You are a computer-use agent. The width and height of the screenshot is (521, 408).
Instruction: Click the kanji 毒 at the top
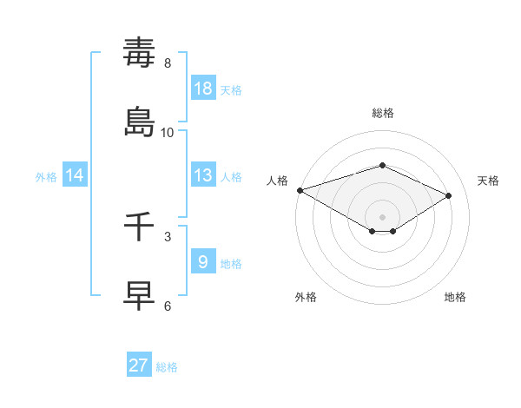139,53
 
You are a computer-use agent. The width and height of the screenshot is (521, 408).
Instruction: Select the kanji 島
139,122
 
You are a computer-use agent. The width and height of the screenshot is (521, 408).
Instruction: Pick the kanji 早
139,296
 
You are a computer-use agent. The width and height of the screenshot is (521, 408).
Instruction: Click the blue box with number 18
203,89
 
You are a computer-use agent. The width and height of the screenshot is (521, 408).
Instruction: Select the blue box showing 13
203,175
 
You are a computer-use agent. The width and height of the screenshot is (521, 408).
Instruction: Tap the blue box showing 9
203,262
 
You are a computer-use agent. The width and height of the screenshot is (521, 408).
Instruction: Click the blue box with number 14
75,175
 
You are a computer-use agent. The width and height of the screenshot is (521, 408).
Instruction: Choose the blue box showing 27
139,365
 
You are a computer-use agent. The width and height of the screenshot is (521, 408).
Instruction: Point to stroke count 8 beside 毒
167,63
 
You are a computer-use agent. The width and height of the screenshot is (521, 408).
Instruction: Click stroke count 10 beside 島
167,133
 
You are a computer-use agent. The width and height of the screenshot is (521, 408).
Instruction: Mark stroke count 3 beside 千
167,236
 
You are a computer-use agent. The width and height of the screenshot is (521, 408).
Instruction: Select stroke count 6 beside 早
167,306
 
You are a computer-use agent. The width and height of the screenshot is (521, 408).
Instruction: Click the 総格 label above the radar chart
382,113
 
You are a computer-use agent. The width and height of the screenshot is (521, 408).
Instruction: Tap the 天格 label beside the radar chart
489,181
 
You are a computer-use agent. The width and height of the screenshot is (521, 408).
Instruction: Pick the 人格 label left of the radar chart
277,181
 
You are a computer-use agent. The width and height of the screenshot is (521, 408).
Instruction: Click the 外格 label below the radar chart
306,297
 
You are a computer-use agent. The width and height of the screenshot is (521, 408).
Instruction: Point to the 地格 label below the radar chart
455,297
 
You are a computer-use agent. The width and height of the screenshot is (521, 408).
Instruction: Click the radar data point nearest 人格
300,190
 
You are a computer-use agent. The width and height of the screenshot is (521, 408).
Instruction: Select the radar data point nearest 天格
449,195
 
